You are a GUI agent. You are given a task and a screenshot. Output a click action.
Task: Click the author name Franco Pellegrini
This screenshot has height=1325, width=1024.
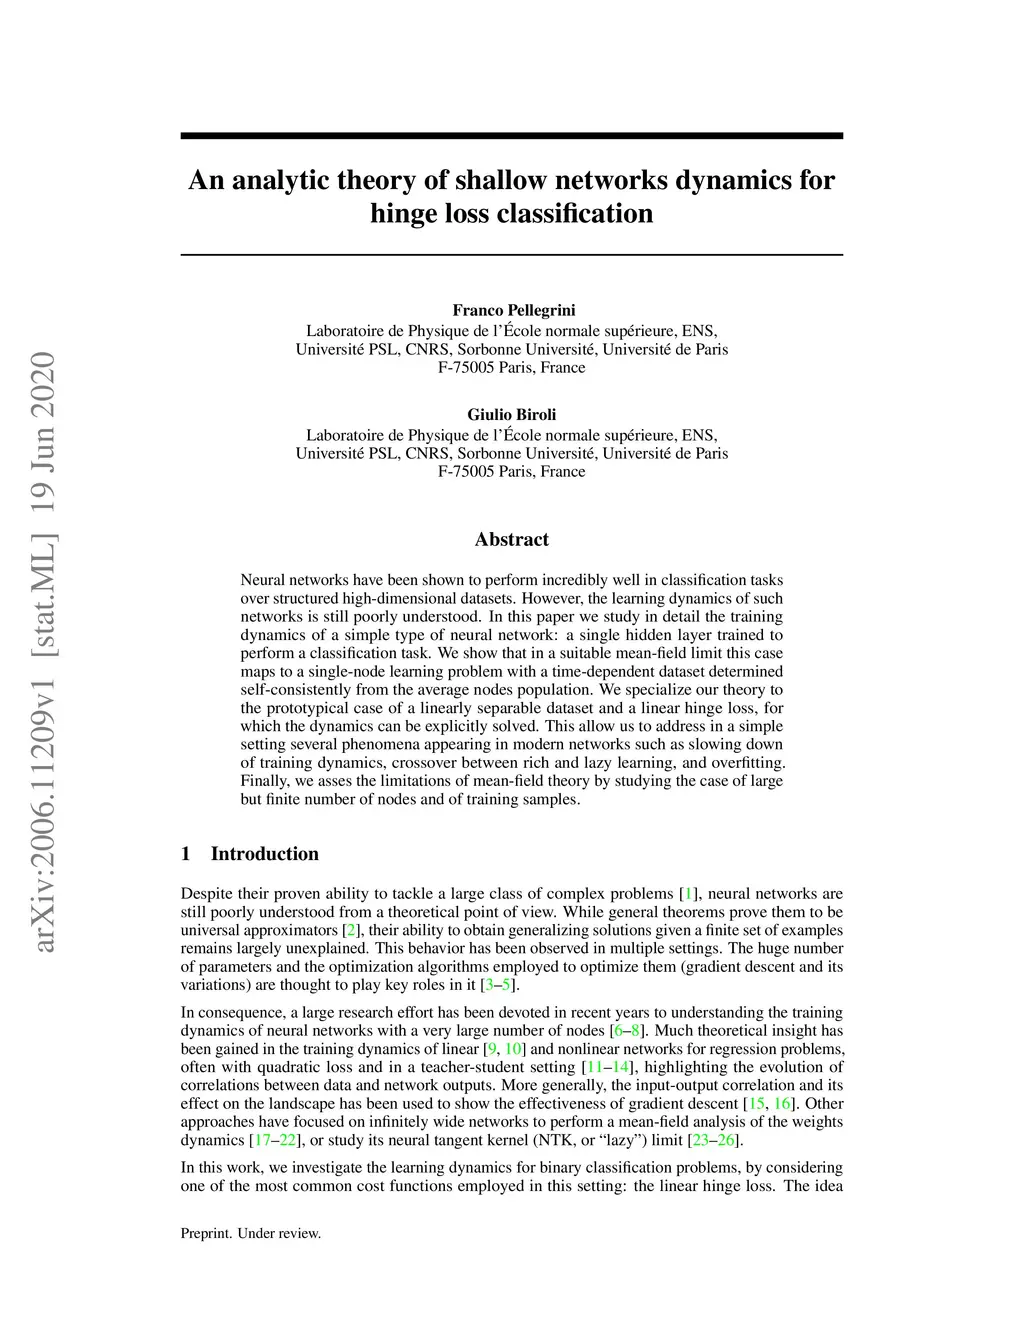tap(513, 310)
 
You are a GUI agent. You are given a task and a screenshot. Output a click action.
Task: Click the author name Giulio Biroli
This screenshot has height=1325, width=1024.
tap(512, 414)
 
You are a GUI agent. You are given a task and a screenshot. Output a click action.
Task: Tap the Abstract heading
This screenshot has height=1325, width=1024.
tap(511, 540)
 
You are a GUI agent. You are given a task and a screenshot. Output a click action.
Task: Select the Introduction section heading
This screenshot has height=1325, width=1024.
tap(264, 854)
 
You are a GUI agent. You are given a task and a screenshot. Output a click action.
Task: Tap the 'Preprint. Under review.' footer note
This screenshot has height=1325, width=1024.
tap(250, 1233)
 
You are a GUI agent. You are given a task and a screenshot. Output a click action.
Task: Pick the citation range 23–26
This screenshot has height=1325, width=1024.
tap(713, 1140)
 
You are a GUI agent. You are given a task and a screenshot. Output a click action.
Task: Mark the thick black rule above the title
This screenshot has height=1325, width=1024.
tap(511, 136)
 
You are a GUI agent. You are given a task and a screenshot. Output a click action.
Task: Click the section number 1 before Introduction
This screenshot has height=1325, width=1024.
tap(185, 854)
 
